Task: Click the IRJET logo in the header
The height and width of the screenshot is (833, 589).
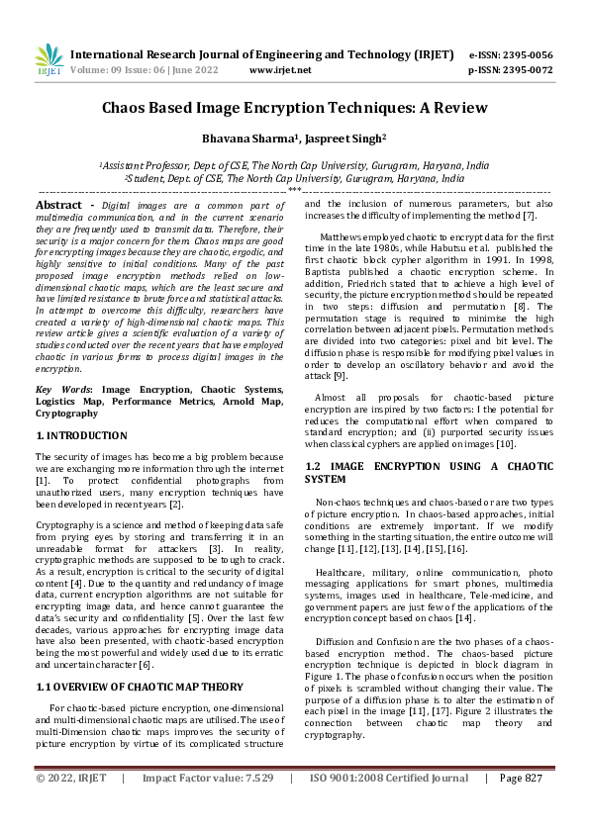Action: (x=49, y=60)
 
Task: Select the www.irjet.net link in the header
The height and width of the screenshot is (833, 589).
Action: (x=280, y=70)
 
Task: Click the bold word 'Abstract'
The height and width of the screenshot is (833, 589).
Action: (x=58, y=204)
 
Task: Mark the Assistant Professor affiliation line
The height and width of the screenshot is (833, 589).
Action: (x=294, y=166)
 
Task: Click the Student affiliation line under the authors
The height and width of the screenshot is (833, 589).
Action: (x=294, y=179)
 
